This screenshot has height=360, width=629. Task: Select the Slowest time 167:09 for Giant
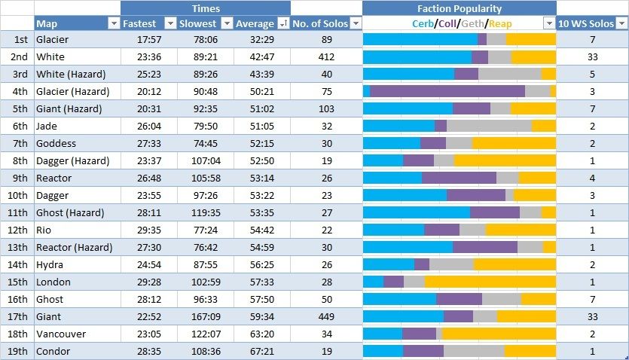pos(199,317)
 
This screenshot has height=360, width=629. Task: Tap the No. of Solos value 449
pos(325,317)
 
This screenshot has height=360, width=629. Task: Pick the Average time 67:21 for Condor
pos(255,352)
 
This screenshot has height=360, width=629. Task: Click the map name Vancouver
pos(61,334)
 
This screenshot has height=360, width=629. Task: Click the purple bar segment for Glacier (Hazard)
pos(447,91)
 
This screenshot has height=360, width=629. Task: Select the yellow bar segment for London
pos(490,282)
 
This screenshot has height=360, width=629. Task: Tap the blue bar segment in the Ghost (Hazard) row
pos(417,213)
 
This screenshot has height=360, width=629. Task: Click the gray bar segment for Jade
pos(489,126)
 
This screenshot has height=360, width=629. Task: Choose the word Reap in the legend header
pos(499,24)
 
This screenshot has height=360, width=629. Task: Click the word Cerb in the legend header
pos(423,24)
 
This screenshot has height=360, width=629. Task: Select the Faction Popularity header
pos(459,8)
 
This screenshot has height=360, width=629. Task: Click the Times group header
pos(206,8)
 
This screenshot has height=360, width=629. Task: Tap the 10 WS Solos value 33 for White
pos(592,57)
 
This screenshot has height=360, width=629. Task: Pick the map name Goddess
pos(56,144)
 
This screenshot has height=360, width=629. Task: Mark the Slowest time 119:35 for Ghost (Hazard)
pos(199,213)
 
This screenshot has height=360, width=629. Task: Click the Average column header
pos(255,24)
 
